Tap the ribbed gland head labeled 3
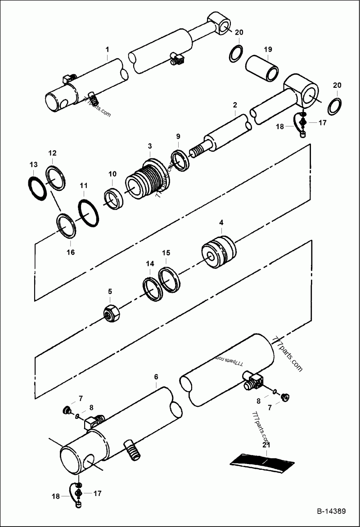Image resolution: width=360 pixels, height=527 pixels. pyautogui.click(x=145, y=180)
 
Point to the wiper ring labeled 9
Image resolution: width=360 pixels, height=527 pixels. pyautogui.click(x=180, y=160)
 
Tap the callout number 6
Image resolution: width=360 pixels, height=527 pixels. pyautogui.click(x=156, y=376)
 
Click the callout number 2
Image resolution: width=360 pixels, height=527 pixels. pyautogui.click(x=235, y=105)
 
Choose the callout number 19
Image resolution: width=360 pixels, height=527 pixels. pyautogui.click(x=268, y=49)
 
